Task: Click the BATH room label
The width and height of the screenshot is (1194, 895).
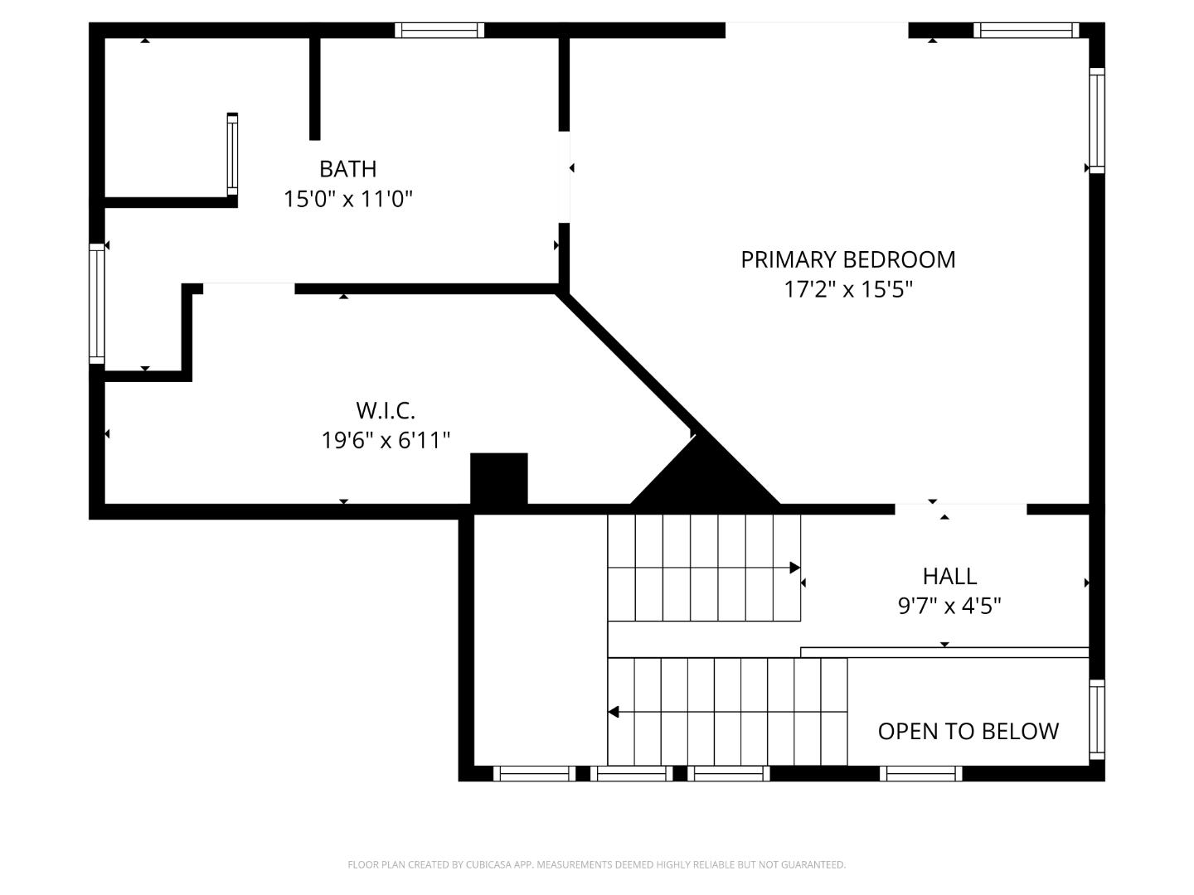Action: (x=347, y=169)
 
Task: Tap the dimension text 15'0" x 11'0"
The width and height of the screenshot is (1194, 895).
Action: (x=348, y=199)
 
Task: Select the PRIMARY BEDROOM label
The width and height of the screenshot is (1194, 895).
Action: (x=847, y=259)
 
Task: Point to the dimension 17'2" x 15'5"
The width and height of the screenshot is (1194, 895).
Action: (x=847, y=289)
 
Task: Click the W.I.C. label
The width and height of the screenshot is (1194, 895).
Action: (x=386, y=411)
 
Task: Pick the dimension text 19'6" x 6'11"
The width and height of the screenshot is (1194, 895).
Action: (x=386, y=440)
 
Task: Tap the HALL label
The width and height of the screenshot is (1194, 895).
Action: (x=949, y=576)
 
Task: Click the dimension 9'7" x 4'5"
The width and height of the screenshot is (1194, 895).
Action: (x=949, y=605)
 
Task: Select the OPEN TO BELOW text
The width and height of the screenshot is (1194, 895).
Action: (x=968, y=732)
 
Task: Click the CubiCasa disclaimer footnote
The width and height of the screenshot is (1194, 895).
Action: (x=597, y=864)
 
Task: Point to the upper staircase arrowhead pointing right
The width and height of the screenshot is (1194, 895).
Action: (x=794, y=568)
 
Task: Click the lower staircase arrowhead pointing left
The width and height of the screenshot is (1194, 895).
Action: (x=613, y=712)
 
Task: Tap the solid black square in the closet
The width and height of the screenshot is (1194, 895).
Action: (x=499, y=479)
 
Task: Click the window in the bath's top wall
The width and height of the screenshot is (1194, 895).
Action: (x=439, y=31)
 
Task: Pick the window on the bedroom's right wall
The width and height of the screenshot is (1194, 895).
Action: (x=1097, y=121)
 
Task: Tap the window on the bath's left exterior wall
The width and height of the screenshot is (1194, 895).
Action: (x=97, y=304)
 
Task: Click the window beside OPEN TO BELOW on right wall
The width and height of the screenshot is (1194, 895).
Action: (x=1097, y=719)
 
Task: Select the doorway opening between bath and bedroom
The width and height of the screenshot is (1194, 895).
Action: (x=564, y=177)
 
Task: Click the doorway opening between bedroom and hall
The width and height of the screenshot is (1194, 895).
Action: (x=961, y=509)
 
